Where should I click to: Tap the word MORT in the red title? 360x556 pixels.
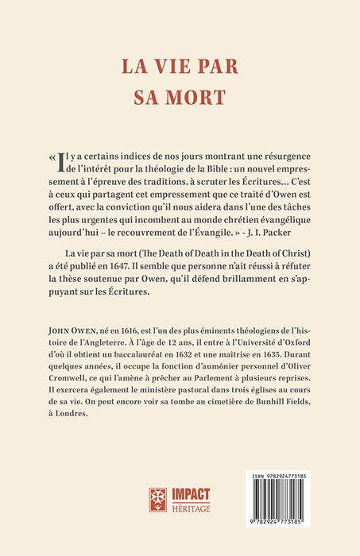203,96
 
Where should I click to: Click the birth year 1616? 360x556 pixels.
140,351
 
